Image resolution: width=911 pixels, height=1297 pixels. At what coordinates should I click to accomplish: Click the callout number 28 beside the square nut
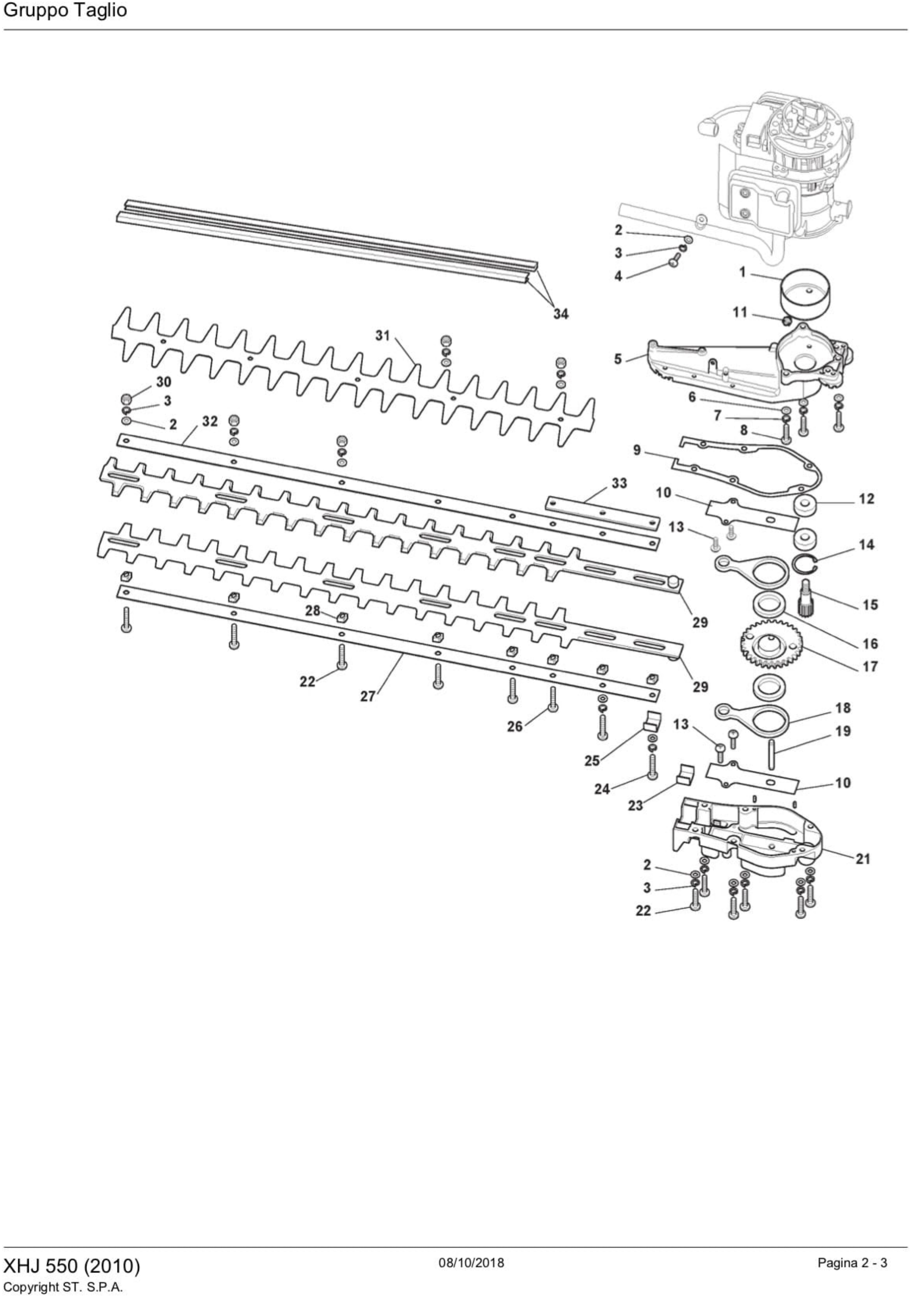[x=313, y=611]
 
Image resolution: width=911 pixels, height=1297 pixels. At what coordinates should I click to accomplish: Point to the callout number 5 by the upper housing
[x=618, y=359]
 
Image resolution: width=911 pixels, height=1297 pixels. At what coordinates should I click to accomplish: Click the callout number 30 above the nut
[x=163, y=382]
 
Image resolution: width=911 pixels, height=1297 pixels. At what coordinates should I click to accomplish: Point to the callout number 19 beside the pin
[x=843, y=731]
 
